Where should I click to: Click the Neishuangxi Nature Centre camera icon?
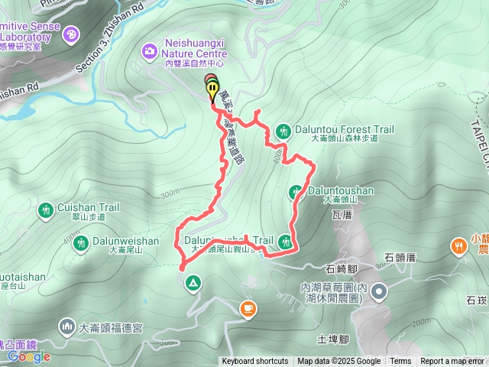(148, 51)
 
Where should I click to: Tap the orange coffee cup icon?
(248, 308)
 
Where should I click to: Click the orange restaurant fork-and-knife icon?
(458, 246)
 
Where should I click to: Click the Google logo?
(29, 356)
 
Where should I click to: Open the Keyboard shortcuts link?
(255, 362)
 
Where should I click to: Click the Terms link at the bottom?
(400, 362)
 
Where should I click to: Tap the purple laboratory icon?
(72, 34)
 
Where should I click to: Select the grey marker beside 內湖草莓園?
(381, 291)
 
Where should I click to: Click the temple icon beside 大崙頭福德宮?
(66, 327)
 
